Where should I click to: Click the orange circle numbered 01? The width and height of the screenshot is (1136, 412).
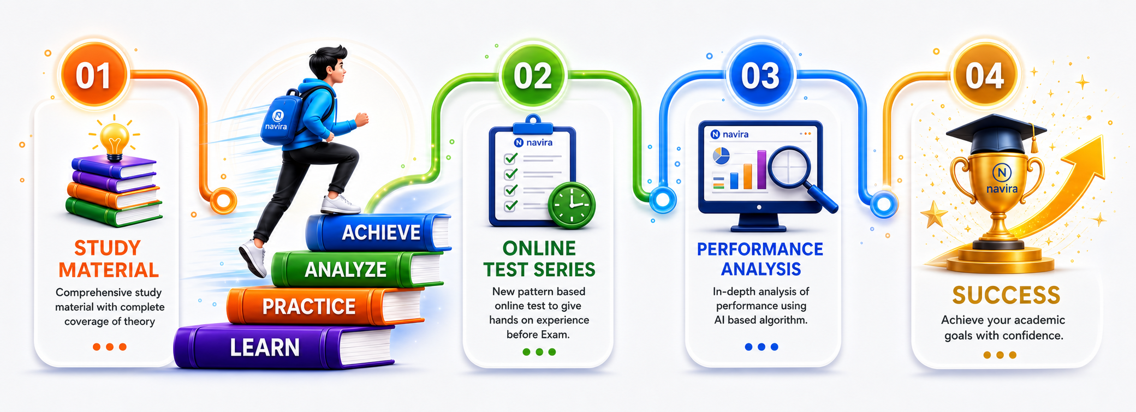tap(94, 75)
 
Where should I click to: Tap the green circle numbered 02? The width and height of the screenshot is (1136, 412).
tap(532, 75)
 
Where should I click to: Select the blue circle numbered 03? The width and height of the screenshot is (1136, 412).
tap(760, 75)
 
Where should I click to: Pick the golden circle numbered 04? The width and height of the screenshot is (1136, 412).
tap(985, 75)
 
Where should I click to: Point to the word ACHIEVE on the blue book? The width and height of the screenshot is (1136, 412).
tap(381, 232)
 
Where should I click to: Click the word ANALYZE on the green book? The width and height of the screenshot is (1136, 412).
tap(346, 270)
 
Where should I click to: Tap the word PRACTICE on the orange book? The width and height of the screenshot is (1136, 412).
tap(309, 307)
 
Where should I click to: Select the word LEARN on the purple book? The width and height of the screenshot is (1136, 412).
tap(265, 348)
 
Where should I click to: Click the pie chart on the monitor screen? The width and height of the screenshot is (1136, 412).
tap(721, 156)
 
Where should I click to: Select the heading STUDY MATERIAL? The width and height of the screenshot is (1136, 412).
tap(109, 259)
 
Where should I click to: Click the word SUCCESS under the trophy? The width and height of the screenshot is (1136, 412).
tap(1006, 295)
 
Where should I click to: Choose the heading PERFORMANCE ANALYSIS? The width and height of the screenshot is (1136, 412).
tap(760, 259)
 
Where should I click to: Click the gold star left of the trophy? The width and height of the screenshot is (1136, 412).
tap(934, 214)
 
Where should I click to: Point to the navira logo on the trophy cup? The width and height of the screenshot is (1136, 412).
tap(1002, 179)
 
